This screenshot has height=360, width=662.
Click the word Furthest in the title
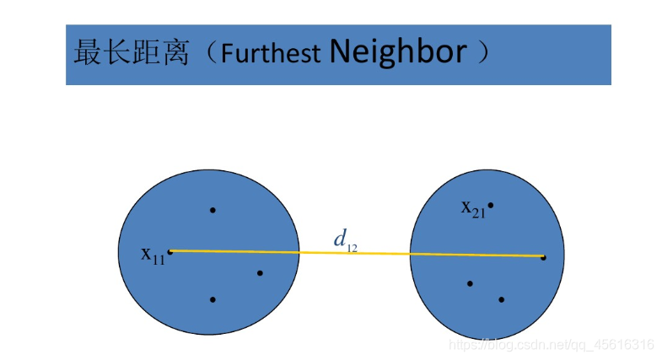[x=270, y=54]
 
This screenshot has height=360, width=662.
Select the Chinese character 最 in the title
[x=88, y=53]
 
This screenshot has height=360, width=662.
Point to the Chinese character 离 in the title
[x=174, y=53]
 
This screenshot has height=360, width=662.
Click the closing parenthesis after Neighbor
[x=483, y=52]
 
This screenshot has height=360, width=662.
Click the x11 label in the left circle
[x=153, y=254]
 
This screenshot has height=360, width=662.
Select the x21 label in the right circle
[x=472, y=207]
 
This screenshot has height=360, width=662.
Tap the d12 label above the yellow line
[x=345, y=240]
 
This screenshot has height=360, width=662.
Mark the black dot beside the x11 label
[x=170, y=251]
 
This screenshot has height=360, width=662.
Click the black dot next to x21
[x=490, y=205]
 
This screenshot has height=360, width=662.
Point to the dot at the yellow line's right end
[x=543, y=256]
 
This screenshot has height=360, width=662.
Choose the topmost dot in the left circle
[x=213, y=210]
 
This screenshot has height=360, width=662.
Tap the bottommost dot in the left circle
[x=213, y=299]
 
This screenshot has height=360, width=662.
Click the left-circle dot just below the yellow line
[x=260, y=272]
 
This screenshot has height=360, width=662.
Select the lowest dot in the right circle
[x=501, y=299]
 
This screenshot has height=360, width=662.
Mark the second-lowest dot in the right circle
[x=470, y=283]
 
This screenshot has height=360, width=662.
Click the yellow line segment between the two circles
[x=354, y=253]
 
